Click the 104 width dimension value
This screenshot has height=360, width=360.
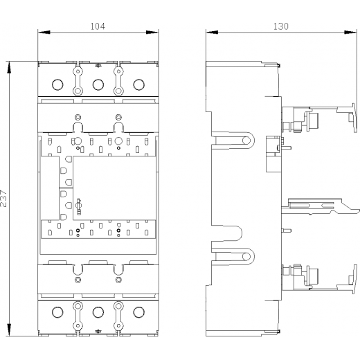[98, 26]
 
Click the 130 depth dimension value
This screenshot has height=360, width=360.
[281, 26]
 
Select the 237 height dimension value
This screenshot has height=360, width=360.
[4, 199]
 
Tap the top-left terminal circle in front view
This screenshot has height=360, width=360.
[57, 84]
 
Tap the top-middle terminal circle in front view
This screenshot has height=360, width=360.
[98, 84]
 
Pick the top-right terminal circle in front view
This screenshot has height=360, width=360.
[138, 84]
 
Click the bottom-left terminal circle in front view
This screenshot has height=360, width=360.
[57, 312]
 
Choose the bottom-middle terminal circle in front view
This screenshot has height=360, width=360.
[98, 312]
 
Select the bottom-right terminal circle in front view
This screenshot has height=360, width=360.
[138, 312]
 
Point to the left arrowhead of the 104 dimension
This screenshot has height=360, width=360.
[44, 33]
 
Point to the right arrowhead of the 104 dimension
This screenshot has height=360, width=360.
[152, 33]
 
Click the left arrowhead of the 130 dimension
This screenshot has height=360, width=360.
[212, 33]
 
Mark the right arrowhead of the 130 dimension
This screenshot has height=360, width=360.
[350, 33]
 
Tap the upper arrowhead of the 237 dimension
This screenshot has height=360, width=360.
[9, 68]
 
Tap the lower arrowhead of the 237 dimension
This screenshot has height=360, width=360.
[9, 330]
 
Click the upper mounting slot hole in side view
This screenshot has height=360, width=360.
[246, 140]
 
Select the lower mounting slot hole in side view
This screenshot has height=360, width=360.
[246, 256]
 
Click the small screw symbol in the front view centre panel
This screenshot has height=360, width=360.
[79, 206]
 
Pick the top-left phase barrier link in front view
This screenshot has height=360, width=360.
[78, 81]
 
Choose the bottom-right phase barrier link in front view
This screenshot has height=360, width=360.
[118, 316]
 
